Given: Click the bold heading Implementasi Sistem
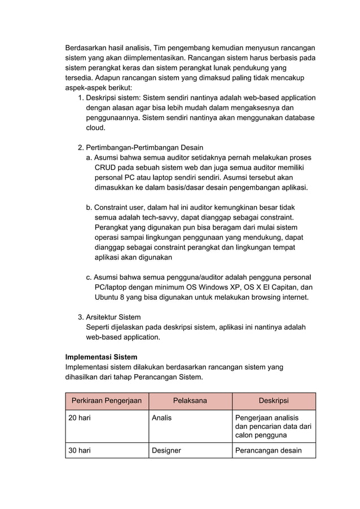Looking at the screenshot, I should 102,357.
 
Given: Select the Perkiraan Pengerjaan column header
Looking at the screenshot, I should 107,401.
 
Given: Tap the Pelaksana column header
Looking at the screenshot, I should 190,401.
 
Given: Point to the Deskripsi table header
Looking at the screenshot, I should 274,401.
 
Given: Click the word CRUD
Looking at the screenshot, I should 106,168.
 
